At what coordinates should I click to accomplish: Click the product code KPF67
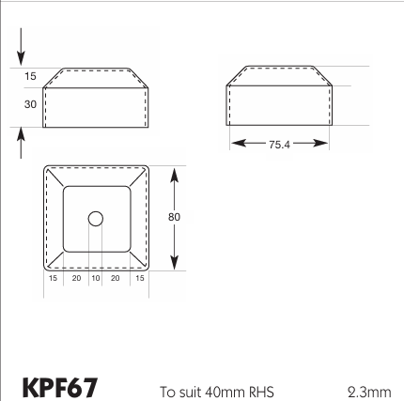tap(60, 388)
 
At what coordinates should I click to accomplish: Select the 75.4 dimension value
tap(279, 145)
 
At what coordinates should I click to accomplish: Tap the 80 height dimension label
tap(174, 217)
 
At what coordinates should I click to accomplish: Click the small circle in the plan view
tap(96, 219)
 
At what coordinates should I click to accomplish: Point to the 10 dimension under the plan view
tap(96, 278)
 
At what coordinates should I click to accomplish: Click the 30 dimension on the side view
tap(30, 104)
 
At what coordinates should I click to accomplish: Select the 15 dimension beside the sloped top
tap(30, 76)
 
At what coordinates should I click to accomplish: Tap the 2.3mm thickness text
tap(369, 392)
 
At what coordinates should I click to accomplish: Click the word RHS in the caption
tap(261, 392)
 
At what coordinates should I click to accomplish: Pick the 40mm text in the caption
tap(225, 392)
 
